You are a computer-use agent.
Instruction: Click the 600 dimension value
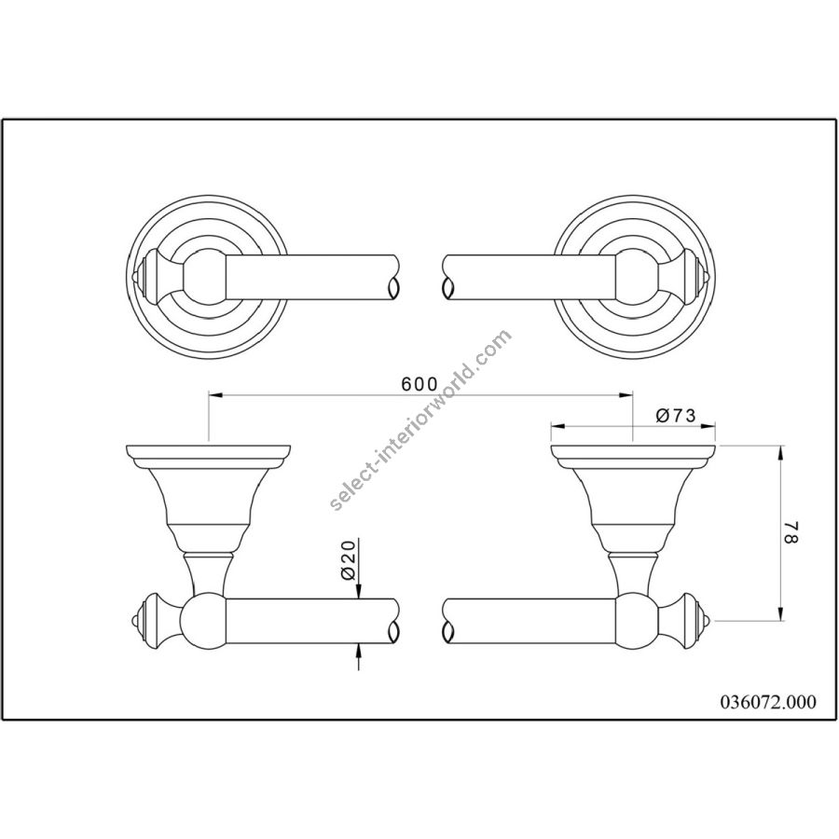419,384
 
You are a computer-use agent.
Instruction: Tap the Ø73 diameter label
675,415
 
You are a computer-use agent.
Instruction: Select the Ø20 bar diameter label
349,560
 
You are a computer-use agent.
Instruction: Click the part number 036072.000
767,701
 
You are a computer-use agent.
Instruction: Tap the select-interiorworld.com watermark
420,420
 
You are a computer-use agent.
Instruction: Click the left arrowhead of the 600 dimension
215,395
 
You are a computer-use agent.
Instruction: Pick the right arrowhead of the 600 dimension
626,395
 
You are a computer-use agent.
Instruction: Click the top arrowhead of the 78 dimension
782,452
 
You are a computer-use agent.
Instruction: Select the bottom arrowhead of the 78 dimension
782,613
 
